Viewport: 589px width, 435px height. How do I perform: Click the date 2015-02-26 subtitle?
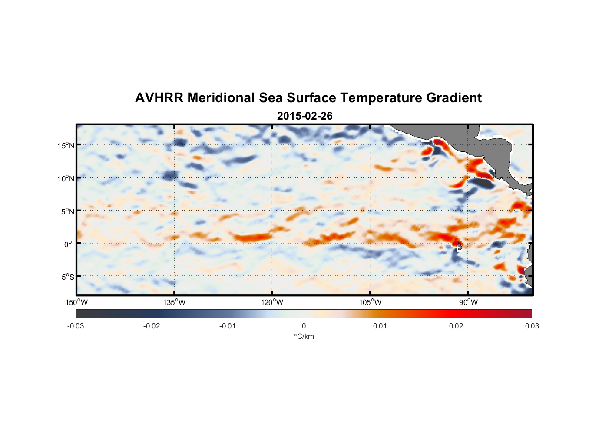[304, 116]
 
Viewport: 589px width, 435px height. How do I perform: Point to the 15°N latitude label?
[66, 145]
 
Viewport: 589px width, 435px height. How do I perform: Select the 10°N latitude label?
[66, 178]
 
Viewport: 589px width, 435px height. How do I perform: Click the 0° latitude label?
[68, 244]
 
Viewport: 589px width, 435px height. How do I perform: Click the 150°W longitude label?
[76, 302]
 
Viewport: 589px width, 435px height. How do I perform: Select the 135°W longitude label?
[174, 302]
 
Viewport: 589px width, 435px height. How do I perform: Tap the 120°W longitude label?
[272, 302]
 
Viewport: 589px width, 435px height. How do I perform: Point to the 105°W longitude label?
[370, 302]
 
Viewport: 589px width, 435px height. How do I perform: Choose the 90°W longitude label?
[468, 302]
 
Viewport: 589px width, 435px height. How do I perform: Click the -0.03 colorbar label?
[76, 326]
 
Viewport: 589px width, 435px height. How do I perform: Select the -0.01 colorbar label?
[228, 326]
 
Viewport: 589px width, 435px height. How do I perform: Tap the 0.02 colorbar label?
[456, 326]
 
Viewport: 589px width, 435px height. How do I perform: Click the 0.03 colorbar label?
[532, 326]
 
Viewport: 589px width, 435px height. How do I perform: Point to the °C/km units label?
[304, 336]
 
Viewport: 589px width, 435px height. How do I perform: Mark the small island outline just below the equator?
[460, 247]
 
